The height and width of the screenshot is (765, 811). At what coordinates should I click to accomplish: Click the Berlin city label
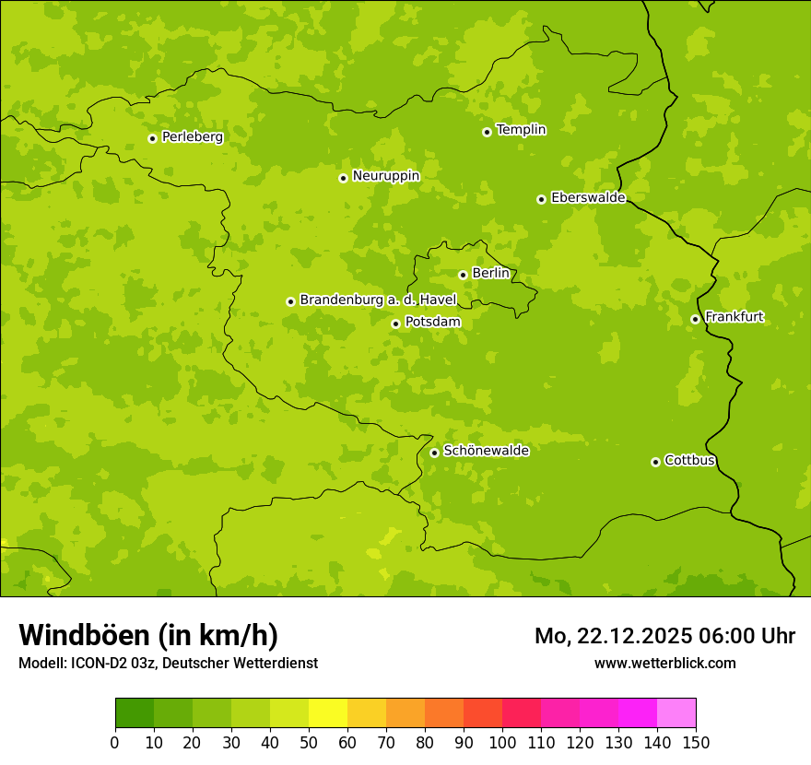(x=490, y=274)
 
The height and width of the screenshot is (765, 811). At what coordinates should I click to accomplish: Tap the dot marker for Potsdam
(x=395, y=324)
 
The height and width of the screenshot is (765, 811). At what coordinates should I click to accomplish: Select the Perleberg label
(x=192, y=137)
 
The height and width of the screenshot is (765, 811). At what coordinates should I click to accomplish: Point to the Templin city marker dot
(x=487, y=132)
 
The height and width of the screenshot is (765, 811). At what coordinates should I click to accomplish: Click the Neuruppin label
(x=385, y=176)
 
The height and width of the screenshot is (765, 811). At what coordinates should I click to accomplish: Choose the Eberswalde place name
(x=588, y=198)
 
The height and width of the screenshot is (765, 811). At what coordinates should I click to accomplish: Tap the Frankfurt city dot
(x=695, y=319)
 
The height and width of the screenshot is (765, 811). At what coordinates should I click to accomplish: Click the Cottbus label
(x=689, y=461)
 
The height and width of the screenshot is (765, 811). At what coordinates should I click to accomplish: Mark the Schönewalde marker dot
(x=434, y=453)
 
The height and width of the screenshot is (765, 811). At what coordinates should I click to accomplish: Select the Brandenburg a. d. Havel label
(x=378, y=300)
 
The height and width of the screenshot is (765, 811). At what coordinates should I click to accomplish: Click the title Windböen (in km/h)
(x=148, y=635)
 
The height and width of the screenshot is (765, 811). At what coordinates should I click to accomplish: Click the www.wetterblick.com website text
(x=664, y=663)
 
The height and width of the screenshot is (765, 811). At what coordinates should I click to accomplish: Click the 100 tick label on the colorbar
(x=502, y=743)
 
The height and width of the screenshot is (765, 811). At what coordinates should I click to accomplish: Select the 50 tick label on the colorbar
(x=309, y=743)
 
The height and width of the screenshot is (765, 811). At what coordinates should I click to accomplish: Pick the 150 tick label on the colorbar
(x=696, y=743)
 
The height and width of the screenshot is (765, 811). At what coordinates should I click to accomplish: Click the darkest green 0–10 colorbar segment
(x=135, y=713)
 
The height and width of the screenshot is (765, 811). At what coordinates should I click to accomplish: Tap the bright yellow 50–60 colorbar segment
(x=328, y=713)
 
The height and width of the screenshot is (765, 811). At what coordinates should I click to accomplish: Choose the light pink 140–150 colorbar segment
(x=676, y=713)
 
